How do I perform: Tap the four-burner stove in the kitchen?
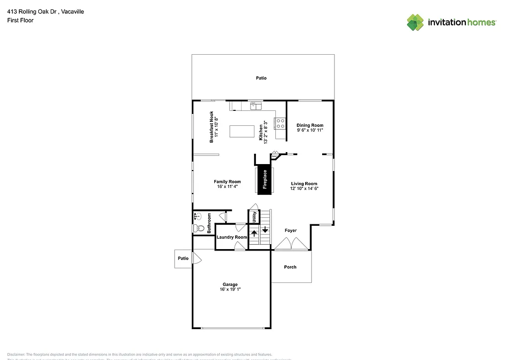280,123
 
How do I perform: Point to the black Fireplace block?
264,180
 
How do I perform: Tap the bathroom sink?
197,216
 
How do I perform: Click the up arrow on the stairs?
254,232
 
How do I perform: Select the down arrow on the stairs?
265,230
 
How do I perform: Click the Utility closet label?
254,217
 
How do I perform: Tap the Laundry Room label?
232,237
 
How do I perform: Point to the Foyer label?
291,231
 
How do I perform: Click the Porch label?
290,267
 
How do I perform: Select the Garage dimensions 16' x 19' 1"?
230,289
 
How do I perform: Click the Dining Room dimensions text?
310,130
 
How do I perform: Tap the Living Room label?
304,183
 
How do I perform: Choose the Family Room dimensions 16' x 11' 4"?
227,187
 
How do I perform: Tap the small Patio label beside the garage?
183,259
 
